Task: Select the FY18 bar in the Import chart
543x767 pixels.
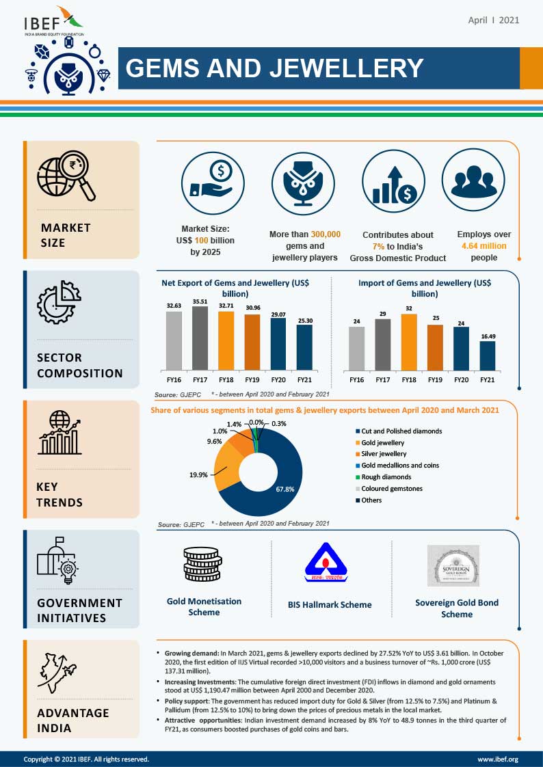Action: coord(409,342)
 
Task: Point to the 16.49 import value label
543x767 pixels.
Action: coord(487,336)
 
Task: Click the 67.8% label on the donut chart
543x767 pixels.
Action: coord(285,489)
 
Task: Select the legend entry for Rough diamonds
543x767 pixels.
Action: coord(386,477)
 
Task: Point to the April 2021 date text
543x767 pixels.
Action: coord(494,20)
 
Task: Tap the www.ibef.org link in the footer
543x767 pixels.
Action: coord(497,759)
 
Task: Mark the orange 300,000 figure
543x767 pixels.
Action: coord(325,234)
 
